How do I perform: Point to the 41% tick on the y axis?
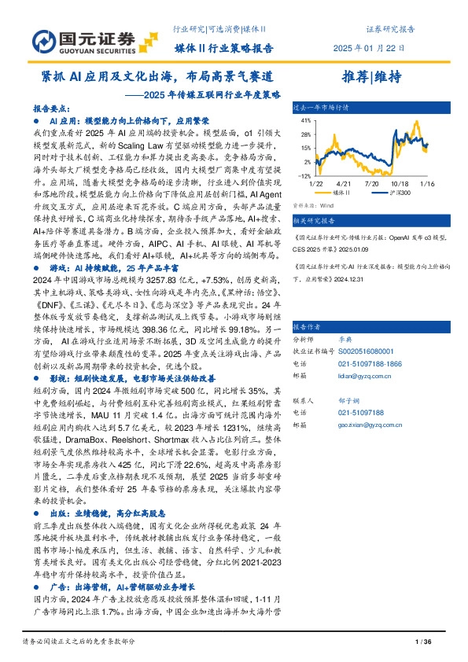[x=304, y=121]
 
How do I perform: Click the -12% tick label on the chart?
[x=303, y=175]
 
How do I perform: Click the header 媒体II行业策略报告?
[x=223, y=48]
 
